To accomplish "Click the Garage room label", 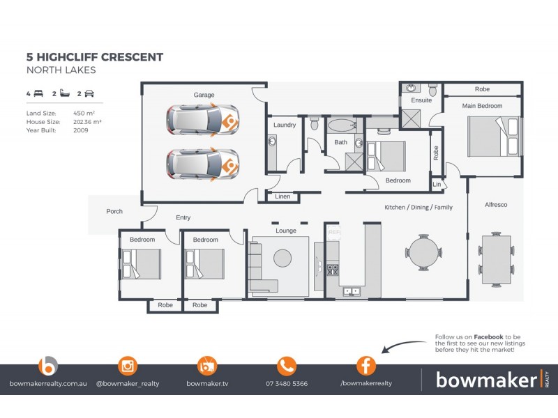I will (x=204, y=95).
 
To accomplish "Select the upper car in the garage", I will (x=202, y=121).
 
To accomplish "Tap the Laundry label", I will (x=285, y=125).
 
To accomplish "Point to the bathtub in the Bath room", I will (x=341, y=127).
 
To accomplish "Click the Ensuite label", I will (x=421, y=100).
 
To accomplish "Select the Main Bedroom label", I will (x=482, y=106).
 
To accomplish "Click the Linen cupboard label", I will (x=282, y=196).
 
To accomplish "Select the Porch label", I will (x=114, y=211).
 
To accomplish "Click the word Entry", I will (x=183, y=218).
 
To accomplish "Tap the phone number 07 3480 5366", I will (x=287, y=384).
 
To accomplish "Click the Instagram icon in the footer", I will (x=128, y=366).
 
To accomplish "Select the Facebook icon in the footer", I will (x=366, y=366).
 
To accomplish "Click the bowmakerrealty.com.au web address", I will (x=47, y=384).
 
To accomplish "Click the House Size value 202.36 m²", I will (x=88, y=121).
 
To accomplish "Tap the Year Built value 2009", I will (x=81, y=130).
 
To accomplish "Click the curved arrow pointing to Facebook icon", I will (x=405, y=345).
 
